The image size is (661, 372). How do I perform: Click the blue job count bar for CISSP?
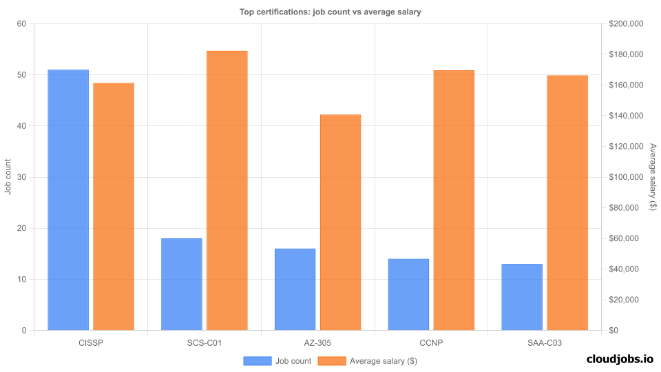(x=68, y=200)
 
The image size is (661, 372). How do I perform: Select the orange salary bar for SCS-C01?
(x=227, y=191)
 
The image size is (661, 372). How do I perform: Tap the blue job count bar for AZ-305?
(x=295, y=289)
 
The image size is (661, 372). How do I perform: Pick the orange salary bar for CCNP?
(x=454, y=200)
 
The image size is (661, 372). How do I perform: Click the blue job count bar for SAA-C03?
(x=522, y=297)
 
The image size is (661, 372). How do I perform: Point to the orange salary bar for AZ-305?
(x=340, y=223)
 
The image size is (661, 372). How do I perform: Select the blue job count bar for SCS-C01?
(x=182, y=285)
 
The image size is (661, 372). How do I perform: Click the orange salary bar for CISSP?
(x=114, y=207)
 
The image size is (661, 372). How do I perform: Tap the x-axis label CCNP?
(x=431, y=342)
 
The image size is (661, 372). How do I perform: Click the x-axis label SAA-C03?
(x=545, y=342)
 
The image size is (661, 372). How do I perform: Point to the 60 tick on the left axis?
(x=21, y=24)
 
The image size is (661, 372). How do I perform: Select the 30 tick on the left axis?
(x=21, y=177)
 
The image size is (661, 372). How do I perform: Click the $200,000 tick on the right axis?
(x=626, y=24)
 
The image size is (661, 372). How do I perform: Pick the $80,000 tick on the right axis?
(x=624, y=208)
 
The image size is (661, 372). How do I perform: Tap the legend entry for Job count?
(x=277, y=360)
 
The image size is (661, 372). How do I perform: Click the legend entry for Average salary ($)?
(x=373, y=360)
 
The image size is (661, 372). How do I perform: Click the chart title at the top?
(x=330, y=11)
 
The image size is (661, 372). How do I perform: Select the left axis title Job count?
(x=8, y=177)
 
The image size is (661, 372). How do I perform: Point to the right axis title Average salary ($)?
(x=653, y=177)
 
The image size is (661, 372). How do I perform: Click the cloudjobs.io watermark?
(x=619, y=359)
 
